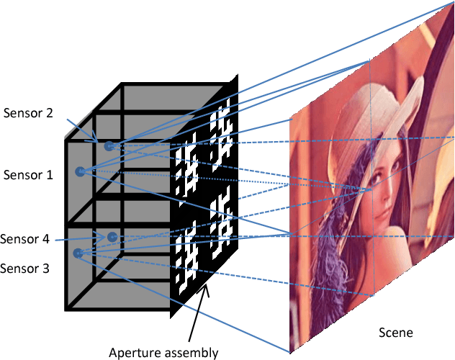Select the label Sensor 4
(25, 240)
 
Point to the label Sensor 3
(26, 269)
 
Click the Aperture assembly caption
(163, 352)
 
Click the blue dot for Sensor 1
(81, 171)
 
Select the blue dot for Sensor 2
(109, 146)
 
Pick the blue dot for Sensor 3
(77, 253)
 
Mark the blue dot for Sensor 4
(112, 236)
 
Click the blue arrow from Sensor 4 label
(79, 238)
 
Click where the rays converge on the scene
(371, 190)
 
